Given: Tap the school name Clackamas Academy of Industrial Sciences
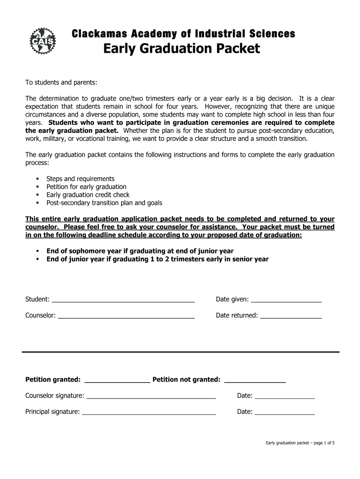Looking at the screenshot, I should click(183, 34).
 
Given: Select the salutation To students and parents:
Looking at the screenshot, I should click(61, 82).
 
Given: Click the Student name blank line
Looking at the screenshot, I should click(123, 300).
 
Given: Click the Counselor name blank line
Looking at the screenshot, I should click(126, 316).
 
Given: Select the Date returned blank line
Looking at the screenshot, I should click(290, 316).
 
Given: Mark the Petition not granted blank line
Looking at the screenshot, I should click(255, 380).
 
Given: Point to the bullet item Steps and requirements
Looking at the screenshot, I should click(80, 179).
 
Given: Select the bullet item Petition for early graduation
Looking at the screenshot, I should click(86, 187).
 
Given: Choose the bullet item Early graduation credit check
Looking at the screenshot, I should click(88, 195).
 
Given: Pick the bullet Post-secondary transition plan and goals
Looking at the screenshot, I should click(104, 203).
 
